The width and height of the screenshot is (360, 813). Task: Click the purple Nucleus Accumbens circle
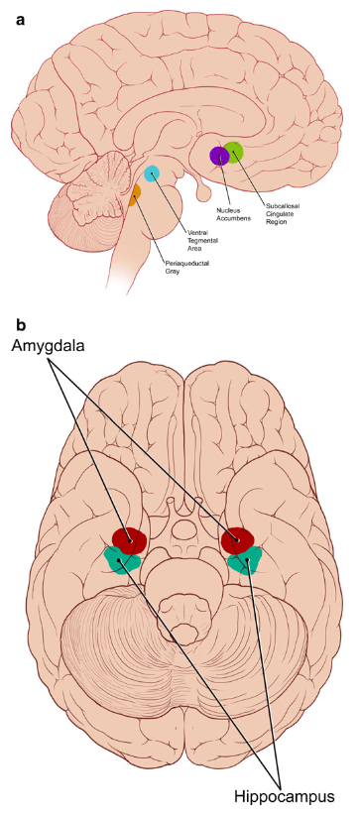coord(218,156)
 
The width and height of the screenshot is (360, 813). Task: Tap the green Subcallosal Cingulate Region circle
coord(234,153)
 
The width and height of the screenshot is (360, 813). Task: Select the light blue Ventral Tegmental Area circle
coord(152,174)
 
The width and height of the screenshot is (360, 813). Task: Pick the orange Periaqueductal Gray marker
coord(136,195)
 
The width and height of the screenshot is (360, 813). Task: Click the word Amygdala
coord(49,346)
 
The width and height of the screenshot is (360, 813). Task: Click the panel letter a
coord(21,20)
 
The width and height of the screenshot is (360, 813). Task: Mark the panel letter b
coord(21,325)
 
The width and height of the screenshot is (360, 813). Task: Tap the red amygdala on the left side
coord(130,539)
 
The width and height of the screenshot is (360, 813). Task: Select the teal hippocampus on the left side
coord(123,560)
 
